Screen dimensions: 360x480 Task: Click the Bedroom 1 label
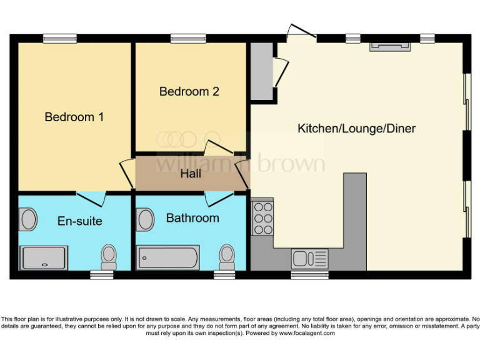pyautogui.click(x=74, y=117)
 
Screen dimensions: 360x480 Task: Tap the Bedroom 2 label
pyautogui.click(x=189, y=91)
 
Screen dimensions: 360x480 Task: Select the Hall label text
pyautogui.click(x=191, y=173)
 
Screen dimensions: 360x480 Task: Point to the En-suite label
pyautogui.click(x=79, y=221)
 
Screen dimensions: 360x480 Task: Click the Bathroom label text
pyautogui.click(x=192, y=218)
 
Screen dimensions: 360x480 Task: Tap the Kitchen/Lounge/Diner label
pyautogui.click(x=356, y=129)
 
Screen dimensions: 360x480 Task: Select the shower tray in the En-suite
pyautogui.click(x=44, y=257)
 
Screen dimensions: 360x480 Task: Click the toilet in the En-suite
pyautogui.click(x=109, y=256)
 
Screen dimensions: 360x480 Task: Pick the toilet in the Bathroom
pyautogui.click(x=226, y=256)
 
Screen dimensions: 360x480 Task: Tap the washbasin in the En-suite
pyautogui.click(x=29, y=220)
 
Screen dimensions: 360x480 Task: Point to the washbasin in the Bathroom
pyautogui.click(x=146, y=219)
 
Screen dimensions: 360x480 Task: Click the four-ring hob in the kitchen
pyautogui.click(x=262, y=217)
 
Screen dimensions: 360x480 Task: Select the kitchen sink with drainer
pyautogui.click(x=309, y=258)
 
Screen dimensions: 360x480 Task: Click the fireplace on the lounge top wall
pyautogui.click(x=390, y=46)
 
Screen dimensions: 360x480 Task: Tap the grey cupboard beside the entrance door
pyautogui.click(x=261, y=71)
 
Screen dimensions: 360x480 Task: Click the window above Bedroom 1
pyautogui.click(x=60, y=39)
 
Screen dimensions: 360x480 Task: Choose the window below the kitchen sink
pyautogui.click(x=301, y=274)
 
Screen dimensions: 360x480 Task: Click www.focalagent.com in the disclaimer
pyautogui.click(x=307, y=333)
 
